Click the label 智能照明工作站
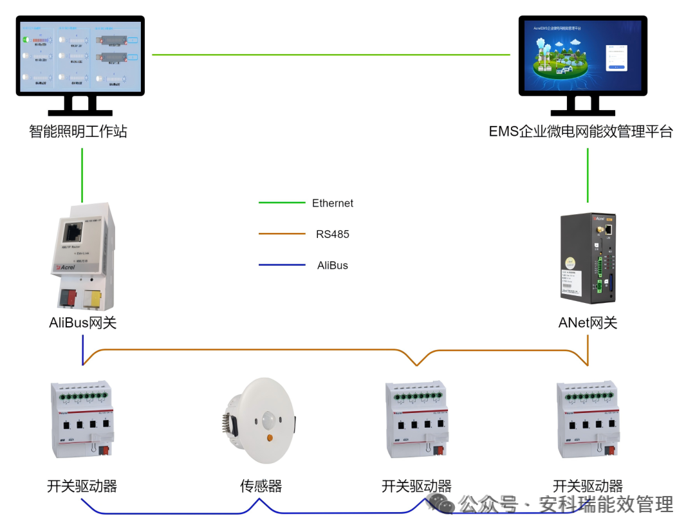[78, 132]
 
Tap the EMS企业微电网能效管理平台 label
[580, 132]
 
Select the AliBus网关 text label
[83, 323]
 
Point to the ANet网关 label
[588, 323]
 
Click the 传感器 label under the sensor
[261, 486]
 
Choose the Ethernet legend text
[333, 203]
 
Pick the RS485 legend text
[333, 234]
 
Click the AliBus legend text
[333, 265]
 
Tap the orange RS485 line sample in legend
[282, 234]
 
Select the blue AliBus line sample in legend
[282, 265]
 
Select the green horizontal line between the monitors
[331, 55]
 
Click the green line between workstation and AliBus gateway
[82, 175]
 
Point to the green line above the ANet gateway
[588, 175]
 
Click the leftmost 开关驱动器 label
[82, 486]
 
